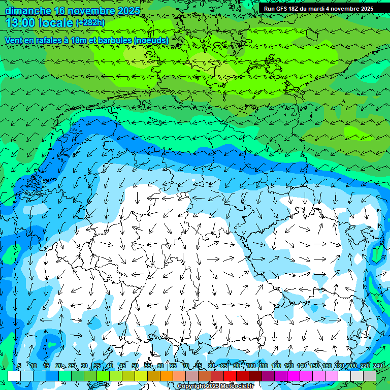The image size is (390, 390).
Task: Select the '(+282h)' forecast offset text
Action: point(90,23)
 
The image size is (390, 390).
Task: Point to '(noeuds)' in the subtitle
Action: point(150,40)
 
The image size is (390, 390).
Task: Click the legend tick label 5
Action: point(19,366)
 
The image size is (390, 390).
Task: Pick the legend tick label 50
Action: point(135,366)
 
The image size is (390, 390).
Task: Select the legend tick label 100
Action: point(251,366)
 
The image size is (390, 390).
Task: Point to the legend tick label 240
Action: point(378,366)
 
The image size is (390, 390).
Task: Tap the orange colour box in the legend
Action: point(167,376)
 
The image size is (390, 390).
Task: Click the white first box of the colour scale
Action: point(14,376)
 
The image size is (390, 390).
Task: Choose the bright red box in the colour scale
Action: point(230,376)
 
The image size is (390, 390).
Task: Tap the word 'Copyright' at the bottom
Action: point(191,386)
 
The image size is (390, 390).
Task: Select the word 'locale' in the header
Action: point(56,23)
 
